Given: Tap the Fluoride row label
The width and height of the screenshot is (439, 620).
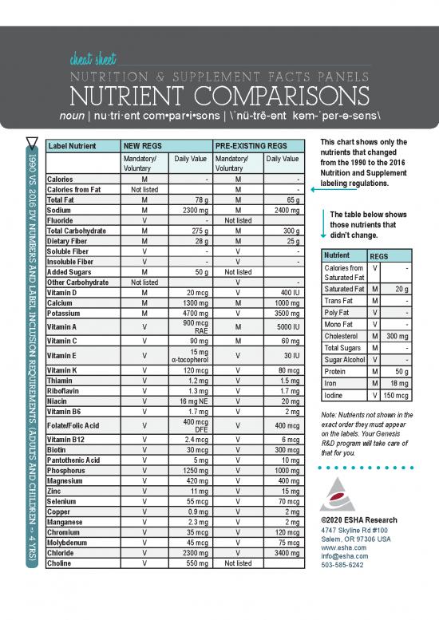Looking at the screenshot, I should pyautogui.click(x=62, y=220).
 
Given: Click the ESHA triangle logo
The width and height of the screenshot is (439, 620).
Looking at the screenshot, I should pyautogui.click(x=335, y=495).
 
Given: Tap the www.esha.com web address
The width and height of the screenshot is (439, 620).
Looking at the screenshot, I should pyautogui.click(x=338, y=547).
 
